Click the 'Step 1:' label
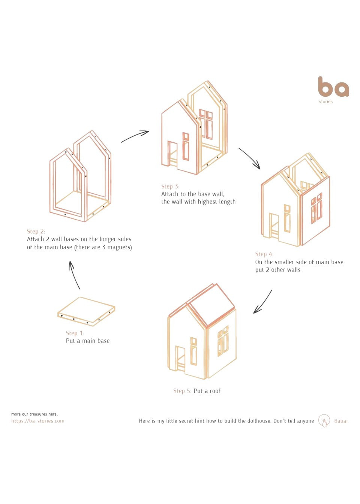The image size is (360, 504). [75, 333]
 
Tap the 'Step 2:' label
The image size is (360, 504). [36, 232]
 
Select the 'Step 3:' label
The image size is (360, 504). [170, 186]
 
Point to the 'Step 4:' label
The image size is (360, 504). [264, 254]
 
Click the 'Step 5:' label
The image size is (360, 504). [182, 391]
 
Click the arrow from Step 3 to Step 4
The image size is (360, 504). [249, 158]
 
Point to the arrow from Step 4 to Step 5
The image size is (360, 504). [263, 301]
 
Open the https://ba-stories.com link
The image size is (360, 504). [38, 421]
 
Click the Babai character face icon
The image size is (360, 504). [324, 420]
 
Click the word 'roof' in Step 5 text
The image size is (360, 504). [215, 391]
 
